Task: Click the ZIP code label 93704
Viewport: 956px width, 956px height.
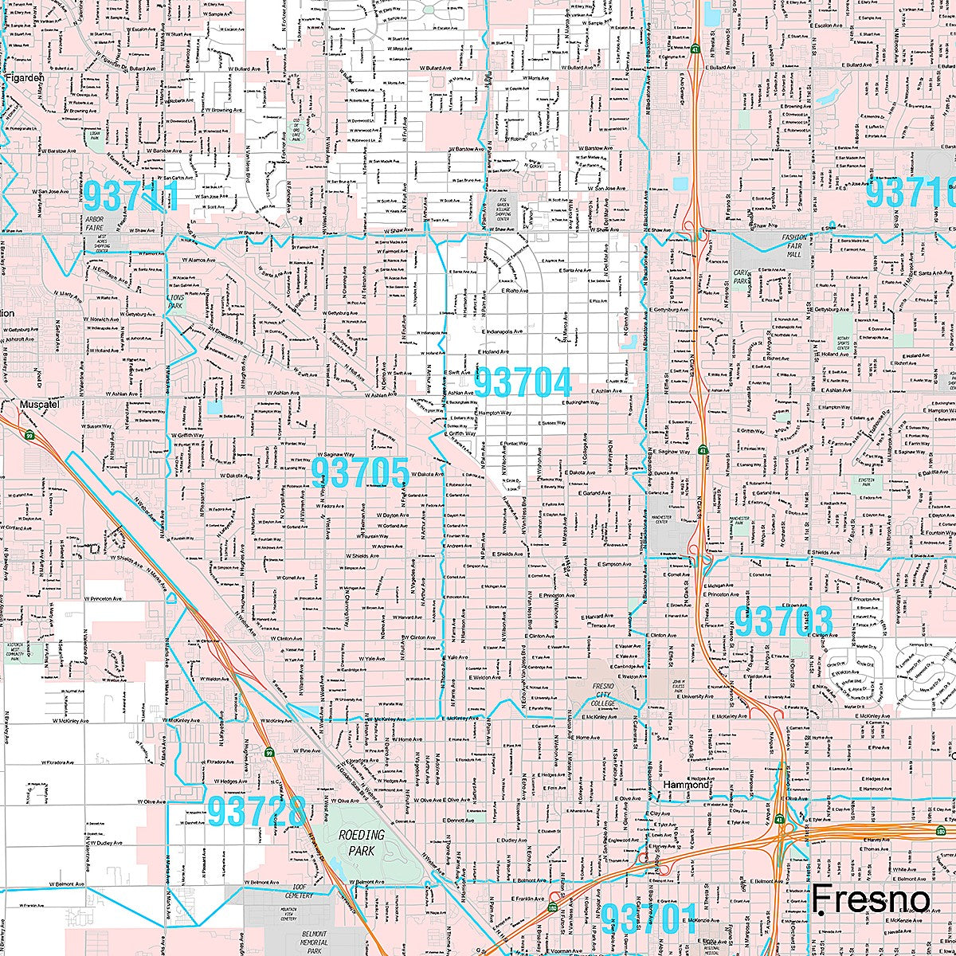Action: coord(523,383)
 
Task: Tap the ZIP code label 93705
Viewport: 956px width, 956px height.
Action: coord(360,472)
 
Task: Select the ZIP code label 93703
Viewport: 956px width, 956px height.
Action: coord(783,621)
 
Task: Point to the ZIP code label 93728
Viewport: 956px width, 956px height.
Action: coord(257,812)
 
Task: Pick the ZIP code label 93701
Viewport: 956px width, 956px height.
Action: coord(648,919)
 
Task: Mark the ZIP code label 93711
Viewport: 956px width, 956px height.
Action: coord(132,195)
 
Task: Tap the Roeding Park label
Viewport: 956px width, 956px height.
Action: coord(361,842)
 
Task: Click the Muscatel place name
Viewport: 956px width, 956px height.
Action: coord(41,404)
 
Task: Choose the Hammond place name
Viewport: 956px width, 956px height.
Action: coord(686,785)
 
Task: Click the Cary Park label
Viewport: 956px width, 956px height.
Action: coord(740,276)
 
